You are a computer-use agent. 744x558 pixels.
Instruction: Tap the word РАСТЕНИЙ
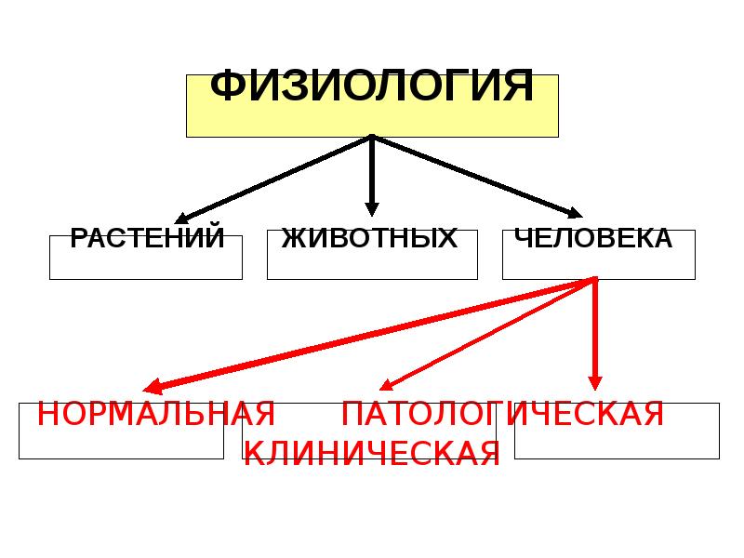click(x=147, y=239)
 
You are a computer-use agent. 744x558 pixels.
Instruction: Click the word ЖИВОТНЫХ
click(x=371, y=239)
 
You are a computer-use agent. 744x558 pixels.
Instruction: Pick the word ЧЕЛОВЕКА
click(x=593, y=239)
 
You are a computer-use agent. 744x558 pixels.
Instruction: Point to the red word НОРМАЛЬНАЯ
click(x=155, y=413)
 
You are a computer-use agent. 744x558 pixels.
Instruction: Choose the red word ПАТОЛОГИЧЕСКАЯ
click(x=502, y=413)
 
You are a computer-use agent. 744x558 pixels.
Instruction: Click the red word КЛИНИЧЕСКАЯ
click(x=371, y=452)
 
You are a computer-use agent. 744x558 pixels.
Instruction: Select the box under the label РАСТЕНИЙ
click(x=146, y=264)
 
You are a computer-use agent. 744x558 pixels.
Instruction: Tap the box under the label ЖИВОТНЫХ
click(x=371, y=264)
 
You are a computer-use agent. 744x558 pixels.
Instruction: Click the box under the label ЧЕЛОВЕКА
click(x=598, y=264)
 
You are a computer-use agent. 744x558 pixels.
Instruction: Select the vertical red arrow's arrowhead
click(x=595, y=380)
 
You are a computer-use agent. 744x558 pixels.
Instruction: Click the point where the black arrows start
click(x=372, y=138)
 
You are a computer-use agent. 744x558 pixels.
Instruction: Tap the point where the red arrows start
click(x=594, y=280)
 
